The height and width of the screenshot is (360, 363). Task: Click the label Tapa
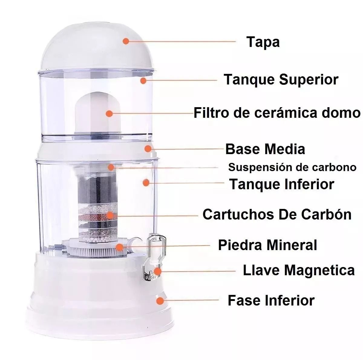tap(263, 42)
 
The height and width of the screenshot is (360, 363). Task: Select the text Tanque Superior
tap(281, 80)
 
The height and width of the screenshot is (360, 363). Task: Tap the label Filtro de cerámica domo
tap(277, 113)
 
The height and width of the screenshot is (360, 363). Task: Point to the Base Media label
tap(265, 149)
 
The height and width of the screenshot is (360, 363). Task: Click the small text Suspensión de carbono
tap(292, 167)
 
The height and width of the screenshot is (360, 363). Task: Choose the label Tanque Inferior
tap(282, 184)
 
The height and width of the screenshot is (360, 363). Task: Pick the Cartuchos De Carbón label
tap(277, 214)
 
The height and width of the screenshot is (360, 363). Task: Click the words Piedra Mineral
tap(267, 245)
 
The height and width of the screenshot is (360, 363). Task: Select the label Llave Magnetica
tap(299, 270)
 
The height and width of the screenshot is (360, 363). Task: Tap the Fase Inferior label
tap(271, 301)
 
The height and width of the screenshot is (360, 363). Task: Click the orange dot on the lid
tap(126, 41)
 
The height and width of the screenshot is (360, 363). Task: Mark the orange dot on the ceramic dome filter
tap(109, 114)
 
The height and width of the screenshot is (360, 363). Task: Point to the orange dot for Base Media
tap(148, 149)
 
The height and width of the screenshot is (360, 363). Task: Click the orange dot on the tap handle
tap(158, 271)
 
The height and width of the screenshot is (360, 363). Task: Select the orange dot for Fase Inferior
tap(160, 301)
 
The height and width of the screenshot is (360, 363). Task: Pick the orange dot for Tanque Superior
tap(143, 81)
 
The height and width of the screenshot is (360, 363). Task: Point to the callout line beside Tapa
tap(181, 41)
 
